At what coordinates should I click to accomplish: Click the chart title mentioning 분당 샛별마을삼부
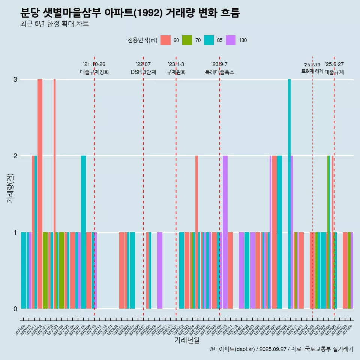130,13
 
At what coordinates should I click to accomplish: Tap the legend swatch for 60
165,40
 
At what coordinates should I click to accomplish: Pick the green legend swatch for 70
187,40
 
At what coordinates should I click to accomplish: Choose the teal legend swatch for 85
209,40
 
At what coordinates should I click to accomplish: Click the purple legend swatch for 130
231,40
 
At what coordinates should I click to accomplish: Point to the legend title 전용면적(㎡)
142,40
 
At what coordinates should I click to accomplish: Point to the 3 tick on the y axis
15,79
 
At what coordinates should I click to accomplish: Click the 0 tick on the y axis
15,309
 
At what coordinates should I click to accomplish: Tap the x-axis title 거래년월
187,340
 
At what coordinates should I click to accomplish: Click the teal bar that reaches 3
289,193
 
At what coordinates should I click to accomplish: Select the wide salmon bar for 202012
40,193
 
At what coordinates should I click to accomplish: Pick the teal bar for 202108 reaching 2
83,232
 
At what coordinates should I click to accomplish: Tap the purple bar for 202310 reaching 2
225,232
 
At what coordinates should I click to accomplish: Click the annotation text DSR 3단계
143,72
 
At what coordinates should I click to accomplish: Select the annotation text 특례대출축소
219,72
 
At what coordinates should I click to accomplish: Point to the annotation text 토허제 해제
312,71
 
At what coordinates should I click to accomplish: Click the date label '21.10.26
94,64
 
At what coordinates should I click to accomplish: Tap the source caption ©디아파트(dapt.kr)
232,349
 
